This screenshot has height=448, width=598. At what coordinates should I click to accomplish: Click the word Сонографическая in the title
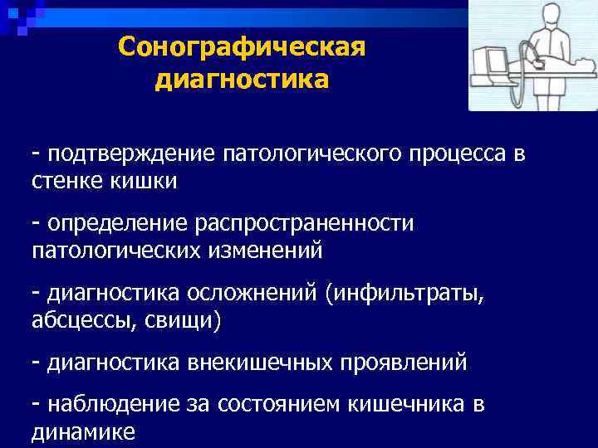241,47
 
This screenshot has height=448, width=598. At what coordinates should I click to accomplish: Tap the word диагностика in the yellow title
241,80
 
